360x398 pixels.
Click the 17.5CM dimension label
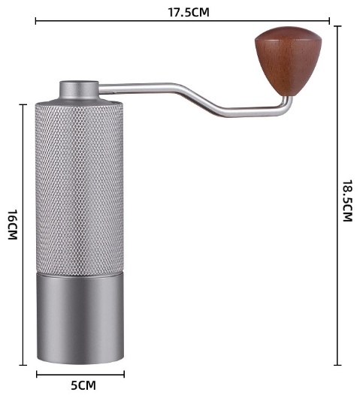pyautogui.click(x=189, y=12)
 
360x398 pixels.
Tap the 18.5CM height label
pyautogui.click(x=347, y=201)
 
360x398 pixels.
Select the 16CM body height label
pyautogui.click(x=12, y=225)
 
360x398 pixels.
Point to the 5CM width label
pyautogui.click(x=83, y=385)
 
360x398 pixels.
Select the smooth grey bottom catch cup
pyautogui.click(x=80, y=318)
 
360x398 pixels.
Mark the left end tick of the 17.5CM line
pyautogui.click(x=35, y=21)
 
